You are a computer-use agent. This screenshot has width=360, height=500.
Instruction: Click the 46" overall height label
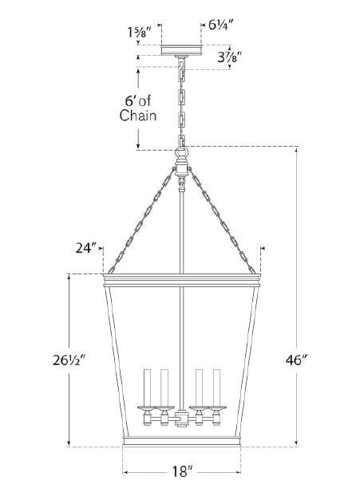317,360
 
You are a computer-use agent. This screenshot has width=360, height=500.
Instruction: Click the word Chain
137,116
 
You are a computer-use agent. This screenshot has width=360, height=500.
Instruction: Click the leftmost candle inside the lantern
147,388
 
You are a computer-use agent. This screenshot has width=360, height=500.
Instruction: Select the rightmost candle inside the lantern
216,388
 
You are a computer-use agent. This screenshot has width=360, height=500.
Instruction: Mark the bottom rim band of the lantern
181,442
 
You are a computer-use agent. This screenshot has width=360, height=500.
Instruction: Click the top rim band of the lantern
182,280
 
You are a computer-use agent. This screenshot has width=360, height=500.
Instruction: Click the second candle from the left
165,388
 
